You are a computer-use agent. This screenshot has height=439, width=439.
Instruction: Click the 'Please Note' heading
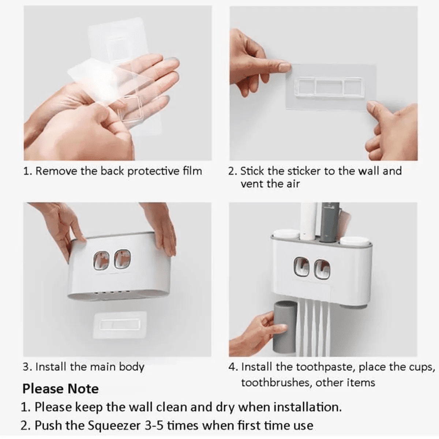coord(60,389)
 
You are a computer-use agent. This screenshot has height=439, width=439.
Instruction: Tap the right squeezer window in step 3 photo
coord(122,259)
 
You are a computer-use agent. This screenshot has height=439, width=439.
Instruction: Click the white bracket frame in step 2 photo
coord(328,86)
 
